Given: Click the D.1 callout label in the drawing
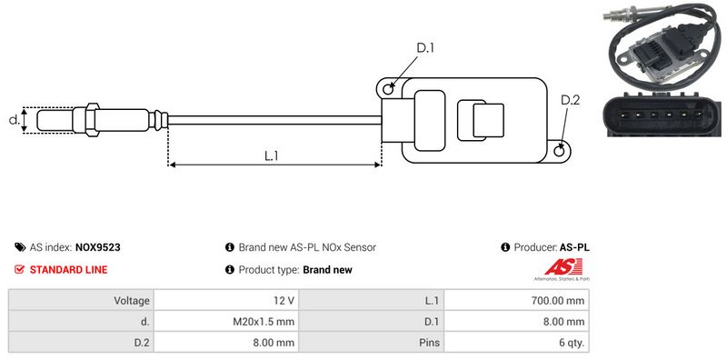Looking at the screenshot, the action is (424, 48).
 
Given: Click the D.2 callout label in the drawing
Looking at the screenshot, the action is (570, 100).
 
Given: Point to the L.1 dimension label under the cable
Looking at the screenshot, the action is (271, 156).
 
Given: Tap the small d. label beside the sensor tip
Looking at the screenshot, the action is (15, 120).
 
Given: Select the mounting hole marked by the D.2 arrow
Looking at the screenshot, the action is (560, 150).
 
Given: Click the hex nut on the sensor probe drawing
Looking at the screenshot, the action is (93, 120).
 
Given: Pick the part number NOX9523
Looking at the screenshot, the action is (97, 247).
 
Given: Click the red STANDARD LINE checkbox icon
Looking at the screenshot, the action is (19, 269).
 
